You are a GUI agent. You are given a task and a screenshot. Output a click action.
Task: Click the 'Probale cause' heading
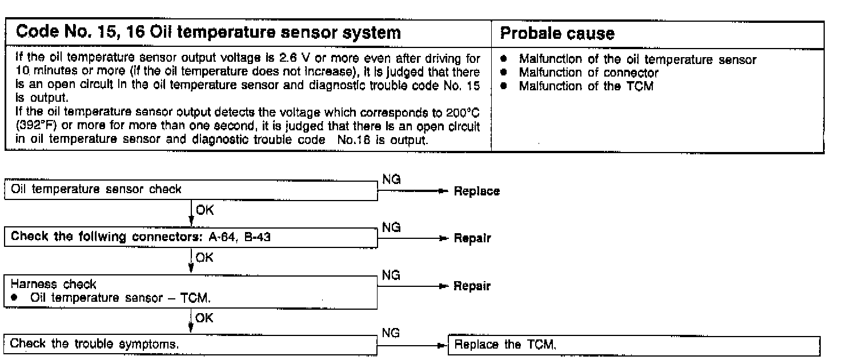coord(557,34)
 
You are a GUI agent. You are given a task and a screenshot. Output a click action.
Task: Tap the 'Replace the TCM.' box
coord(634,345)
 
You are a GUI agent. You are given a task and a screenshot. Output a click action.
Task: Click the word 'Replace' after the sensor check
coord(477,191)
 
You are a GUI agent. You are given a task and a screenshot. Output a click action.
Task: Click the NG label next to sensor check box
coord(391,179)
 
